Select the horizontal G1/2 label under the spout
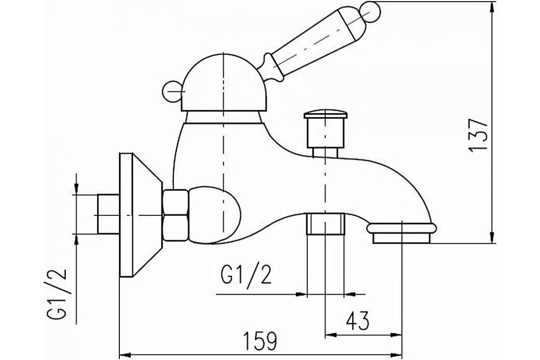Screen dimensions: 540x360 tap(246, 275)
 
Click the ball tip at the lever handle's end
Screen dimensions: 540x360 tap(370, 10)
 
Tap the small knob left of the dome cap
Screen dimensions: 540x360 tap(172, 91)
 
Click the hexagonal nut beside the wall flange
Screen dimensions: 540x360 tap(175, 215)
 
